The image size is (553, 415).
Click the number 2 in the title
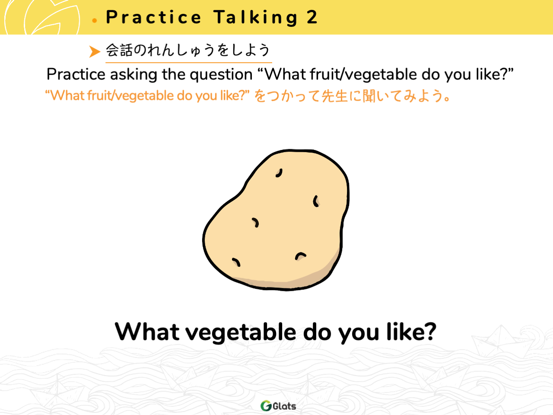[x=312, y=17]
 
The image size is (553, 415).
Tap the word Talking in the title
[x=255, y=18]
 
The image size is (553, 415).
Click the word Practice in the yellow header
[x=153, y=17]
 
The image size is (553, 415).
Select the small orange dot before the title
[x=95, y=21]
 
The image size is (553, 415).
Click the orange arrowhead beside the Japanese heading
[x=95, y=51]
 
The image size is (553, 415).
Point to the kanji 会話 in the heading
[x=119, y=50]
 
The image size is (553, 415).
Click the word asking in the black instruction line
[x=133, y=75]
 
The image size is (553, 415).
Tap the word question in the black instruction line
[x=221, y=75]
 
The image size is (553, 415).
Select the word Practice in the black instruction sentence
[x=76, y=74]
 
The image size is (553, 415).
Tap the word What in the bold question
[x=147, y=332]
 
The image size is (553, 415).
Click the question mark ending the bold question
[x=429, y=331]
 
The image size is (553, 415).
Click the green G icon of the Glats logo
[x=266, y=405]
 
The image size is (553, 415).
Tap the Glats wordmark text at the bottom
[x=284, y=406]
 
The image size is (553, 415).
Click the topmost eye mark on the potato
[x=279, y=173]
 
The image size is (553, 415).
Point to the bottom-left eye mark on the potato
[x=236, y=262]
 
